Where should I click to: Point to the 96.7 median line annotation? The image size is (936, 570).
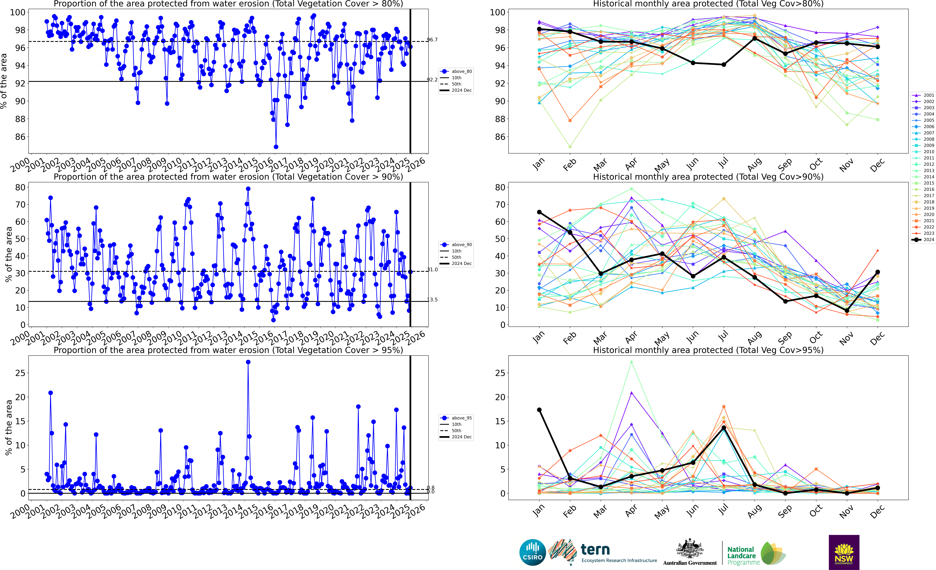point(432,40)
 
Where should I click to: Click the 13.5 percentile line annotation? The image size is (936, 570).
point(432,299)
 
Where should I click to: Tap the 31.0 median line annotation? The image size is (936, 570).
point(432,269)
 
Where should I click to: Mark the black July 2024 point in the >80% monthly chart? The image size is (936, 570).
point(724,65)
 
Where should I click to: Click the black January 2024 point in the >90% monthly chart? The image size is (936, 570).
point(539,212)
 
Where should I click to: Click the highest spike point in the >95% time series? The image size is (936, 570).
point(248,362)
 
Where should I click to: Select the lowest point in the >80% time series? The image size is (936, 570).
point(276,147)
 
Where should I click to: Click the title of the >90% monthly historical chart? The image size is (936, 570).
point(708,177)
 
